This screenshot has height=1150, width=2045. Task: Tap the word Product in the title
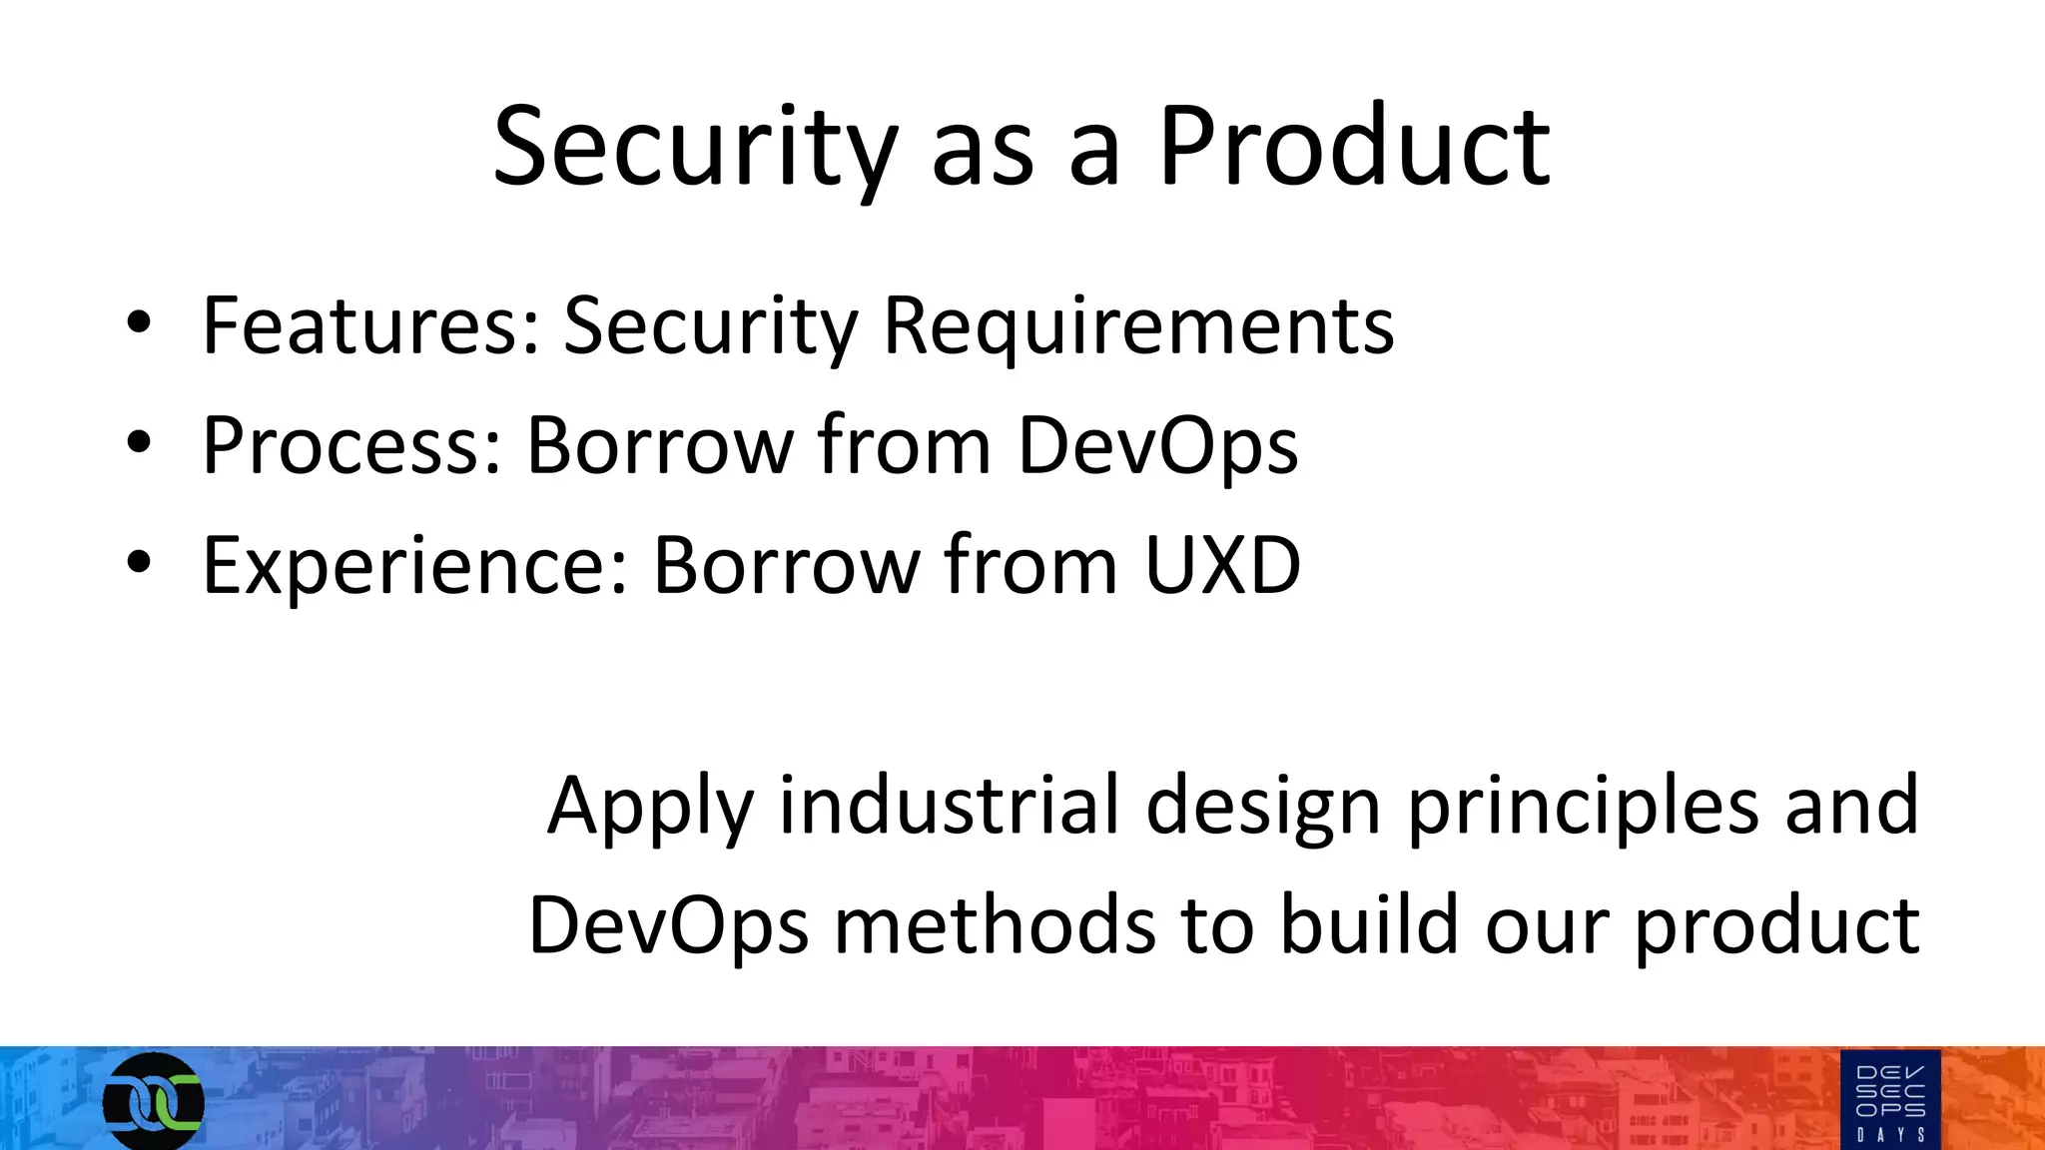[x=1353, y=148]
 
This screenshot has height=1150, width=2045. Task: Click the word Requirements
[x=1138, y=325]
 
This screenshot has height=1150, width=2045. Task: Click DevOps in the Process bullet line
[x=1157, y=445]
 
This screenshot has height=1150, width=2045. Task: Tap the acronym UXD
[x=1222, y=565]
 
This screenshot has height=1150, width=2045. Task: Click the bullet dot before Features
[x=139, y=322]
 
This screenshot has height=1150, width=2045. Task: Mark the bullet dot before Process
[x=139, y=442]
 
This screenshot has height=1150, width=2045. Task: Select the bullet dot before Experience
[x=139, y=562]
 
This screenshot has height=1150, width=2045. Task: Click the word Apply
[x=650, y=807]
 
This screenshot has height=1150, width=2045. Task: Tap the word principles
[x=1583, y=807]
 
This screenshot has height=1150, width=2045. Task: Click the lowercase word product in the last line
[x=1776, y=926]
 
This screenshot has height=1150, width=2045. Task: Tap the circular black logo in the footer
[x=153, y=1101]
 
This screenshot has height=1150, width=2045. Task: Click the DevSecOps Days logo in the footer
[x=1890, y=1100]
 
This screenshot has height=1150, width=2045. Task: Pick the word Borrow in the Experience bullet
[x=785, y=565]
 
